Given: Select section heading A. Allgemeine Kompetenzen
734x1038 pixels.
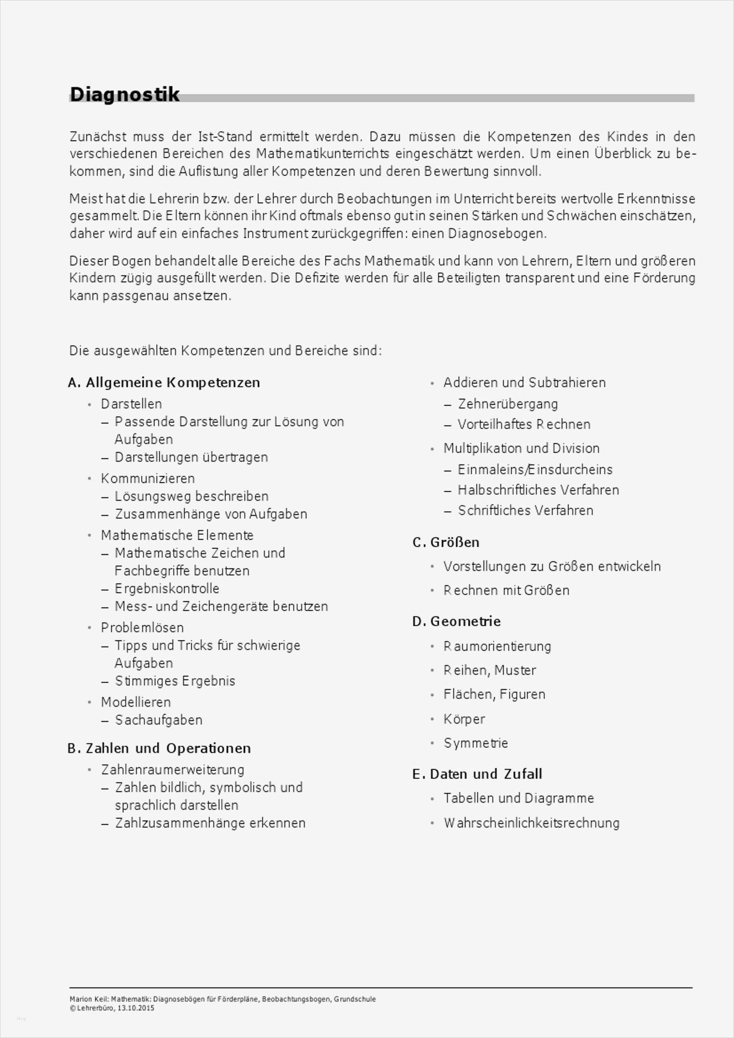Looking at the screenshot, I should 164,382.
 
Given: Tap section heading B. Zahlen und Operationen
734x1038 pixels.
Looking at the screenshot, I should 159,748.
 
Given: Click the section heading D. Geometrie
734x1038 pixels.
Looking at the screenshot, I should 456,621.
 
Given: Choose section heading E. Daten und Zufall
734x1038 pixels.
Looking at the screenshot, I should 477,774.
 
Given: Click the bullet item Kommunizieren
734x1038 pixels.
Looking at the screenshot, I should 148,478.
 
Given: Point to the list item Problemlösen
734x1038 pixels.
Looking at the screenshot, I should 142,628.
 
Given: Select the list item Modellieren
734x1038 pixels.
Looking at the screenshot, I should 135,702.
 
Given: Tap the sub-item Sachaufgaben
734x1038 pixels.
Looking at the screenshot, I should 159,720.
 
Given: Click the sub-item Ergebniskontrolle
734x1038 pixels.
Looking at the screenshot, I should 167,588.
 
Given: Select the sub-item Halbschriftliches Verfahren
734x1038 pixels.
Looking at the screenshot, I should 538,490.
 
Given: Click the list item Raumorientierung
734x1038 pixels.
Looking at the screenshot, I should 497,647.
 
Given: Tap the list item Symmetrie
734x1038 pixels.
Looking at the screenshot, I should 476,743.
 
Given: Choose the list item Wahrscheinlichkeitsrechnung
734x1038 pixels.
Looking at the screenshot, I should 531,823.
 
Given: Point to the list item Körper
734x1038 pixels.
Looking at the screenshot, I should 464,719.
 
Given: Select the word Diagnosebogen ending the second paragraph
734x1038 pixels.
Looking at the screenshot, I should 496,234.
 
